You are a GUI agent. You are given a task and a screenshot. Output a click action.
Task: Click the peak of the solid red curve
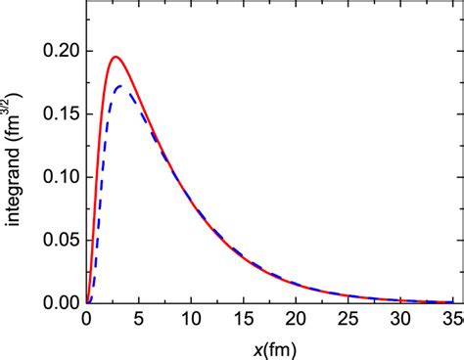point(116,57)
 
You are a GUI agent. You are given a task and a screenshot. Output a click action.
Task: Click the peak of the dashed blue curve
point(121,87)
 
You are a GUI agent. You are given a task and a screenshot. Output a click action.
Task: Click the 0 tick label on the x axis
point(87,320)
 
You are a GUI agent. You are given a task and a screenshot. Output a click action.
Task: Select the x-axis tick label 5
point(139,320)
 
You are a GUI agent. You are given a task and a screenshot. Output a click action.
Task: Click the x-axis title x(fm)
point(270,346)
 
